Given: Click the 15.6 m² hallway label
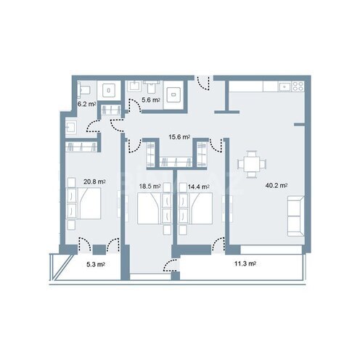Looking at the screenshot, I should (179, 136).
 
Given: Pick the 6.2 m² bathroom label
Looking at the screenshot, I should (87, 105).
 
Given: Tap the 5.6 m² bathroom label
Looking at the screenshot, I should (151, 100).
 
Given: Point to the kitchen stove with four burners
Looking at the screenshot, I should (296, 86).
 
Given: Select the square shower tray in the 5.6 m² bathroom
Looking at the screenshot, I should (175, 94).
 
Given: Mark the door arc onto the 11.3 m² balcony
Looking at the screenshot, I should (175, 266).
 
